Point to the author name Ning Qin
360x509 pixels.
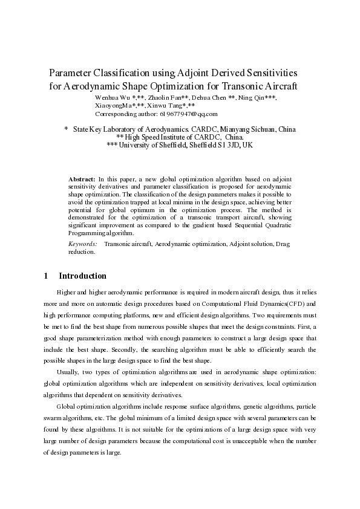point(252,97)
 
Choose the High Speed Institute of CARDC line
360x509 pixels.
point(183,137)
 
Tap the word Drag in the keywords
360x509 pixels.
point(284,244)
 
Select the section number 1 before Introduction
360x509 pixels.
point(46,276)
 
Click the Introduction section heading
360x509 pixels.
point(82,276)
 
